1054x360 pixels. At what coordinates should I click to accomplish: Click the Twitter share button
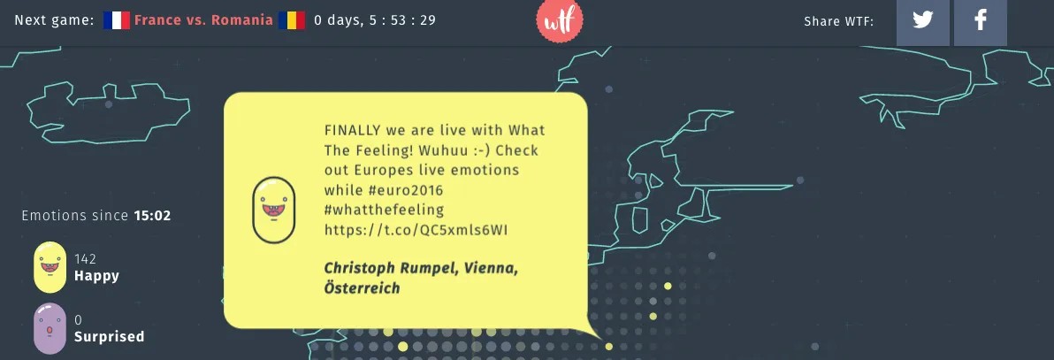click(923, 21)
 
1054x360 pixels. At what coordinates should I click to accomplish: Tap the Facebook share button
click(980, 21)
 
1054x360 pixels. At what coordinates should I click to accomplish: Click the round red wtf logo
click(559, 20)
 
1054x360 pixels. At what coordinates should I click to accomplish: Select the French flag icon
click(116, 20)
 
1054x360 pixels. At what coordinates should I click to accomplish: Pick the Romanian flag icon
click(291, 20)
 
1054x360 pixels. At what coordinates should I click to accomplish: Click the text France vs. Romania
click(203, 20)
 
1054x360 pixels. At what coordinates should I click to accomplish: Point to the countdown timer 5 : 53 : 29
click(401, 20)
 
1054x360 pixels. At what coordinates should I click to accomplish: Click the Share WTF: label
click(838, 21)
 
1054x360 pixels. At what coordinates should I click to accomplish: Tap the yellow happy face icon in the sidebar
click(50, 267)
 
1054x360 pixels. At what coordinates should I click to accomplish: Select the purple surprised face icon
click(50, 327)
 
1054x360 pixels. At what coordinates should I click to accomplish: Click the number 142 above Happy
click(85, 259)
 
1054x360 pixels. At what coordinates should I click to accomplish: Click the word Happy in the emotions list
click(96, 276)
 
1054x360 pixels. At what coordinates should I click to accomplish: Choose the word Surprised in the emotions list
click(109, 336)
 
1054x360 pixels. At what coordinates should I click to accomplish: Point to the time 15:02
click(152, 215)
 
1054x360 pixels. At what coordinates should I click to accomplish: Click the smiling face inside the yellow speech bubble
click(273, 210)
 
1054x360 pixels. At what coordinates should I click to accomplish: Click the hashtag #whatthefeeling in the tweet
click(384, 210)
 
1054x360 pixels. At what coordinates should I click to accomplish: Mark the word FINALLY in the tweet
click(352, 130)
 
